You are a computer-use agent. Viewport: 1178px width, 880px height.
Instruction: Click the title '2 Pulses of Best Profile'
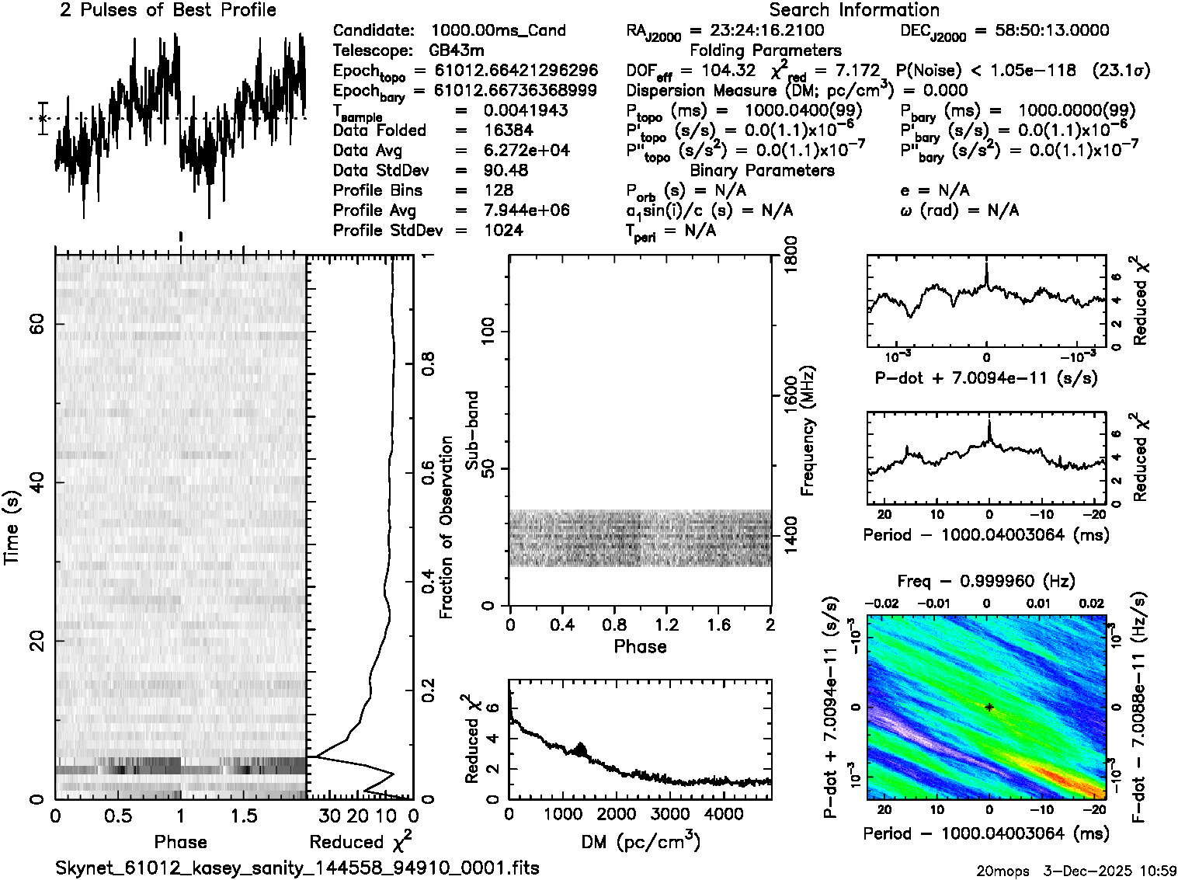pyautogui.click(x=168, y=10)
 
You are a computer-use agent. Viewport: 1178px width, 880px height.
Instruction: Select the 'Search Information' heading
pyautogui.click(x=853, y=10)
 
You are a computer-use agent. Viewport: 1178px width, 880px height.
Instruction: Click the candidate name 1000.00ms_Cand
pyautogui.click(x=498, y=31)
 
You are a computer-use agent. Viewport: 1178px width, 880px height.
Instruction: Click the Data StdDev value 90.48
pyautogui.click(x=506, y=170)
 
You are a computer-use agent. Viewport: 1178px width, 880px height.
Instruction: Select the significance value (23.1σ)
pyautogui.click(x=1121, y=71)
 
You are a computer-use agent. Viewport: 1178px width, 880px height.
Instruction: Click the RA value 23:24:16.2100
pyautogui.click(x=767, y=31)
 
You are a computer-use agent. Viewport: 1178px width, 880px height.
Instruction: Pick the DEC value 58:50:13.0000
pyautogui.click(x=1041, y=31)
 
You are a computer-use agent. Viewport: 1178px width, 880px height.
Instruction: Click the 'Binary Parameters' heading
pyautogui.click(x=762, y=170)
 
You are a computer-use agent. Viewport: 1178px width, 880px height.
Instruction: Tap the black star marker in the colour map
pyautogui.click(x=989, y=708)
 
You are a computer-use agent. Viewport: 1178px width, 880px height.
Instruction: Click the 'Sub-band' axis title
pyautogui.click(x=471, y=430)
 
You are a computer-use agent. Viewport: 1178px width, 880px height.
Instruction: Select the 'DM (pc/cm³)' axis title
pyautogui.click(x=640, y=841)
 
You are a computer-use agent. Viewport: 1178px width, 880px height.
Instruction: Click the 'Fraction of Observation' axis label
pyautogui.click(x=446, y=527)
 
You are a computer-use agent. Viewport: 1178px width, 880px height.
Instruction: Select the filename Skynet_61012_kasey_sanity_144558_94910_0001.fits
pyautogui.click(x=297, y=868)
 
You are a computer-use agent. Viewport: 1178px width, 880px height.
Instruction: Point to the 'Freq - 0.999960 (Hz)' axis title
pyautogui.click(x=986, y=581)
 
